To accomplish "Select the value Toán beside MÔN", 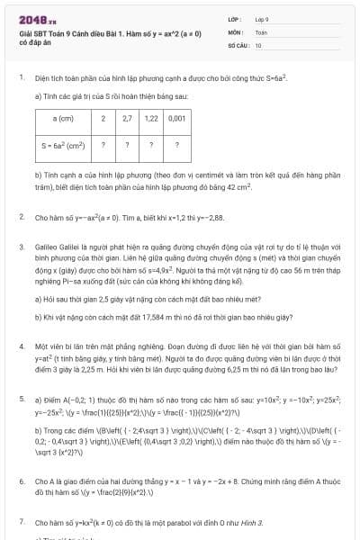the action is [260, 30].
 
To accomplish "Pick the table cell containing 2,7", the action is [127, 118].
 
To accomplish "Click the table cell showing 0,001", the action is [176, 118].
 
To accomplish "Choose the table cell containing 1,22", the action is [151, 118].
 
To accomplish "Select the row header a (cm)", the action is [64, 118].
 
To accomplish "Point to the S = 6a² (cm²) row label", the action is [64, 142].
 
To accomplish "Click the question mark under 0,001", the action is [176, 142].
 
